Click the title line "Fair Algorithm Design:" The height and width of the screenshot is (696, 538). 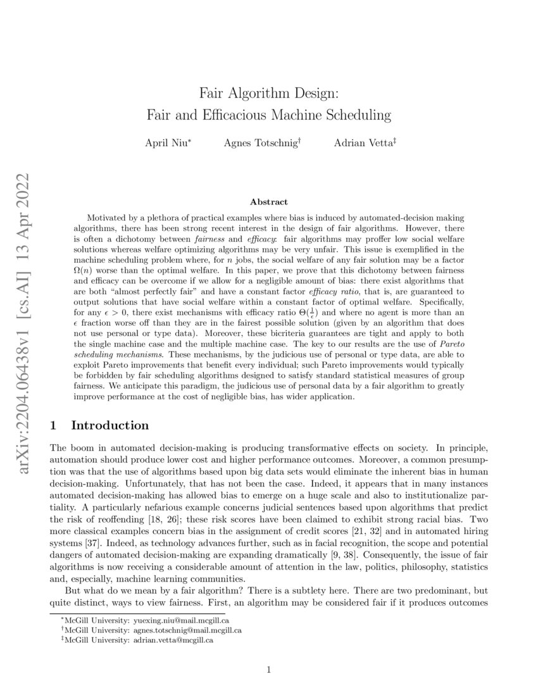point(269,93)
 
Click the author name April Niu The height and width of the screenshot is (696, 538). point(166,143)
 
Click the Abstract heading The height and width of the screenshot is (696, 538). point(268,202)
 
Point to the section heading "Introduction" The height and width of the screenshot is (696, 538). point(110,425)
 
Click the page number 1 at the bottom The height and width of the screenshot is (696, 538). point(269,670)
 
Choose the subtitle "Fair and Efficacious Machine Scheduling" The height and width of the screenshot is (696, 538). point(269,115)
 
